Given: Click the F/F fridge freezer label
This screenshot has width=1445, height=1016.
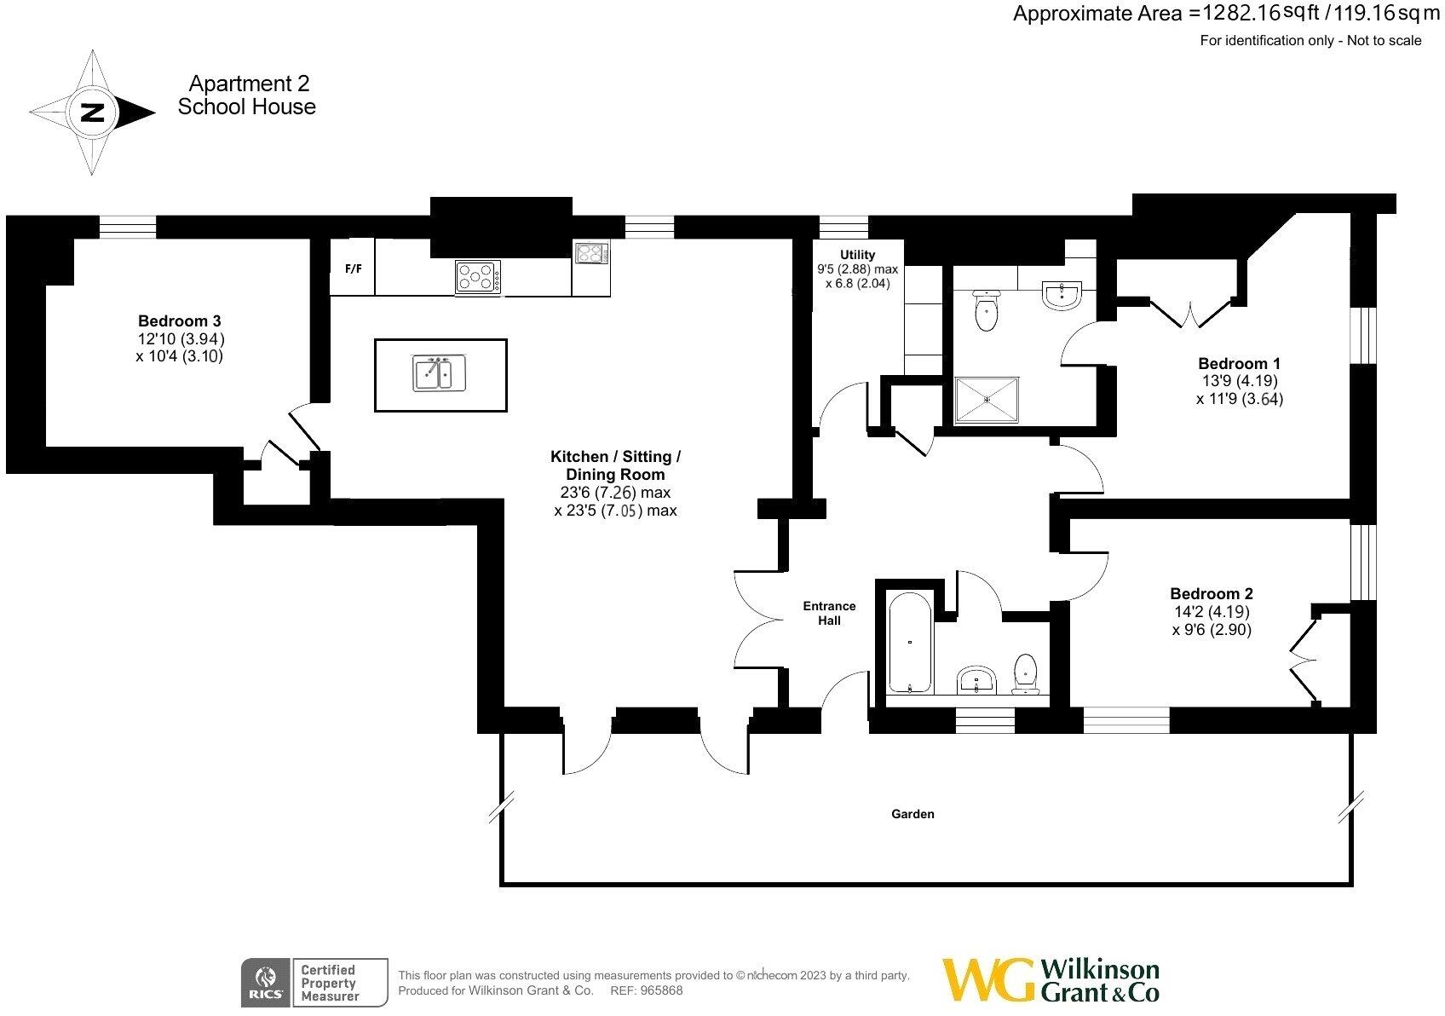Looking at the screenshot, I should coord(353,268).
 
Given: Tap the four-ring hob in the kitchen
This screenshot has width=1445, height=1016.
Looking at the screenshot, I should coord(478,277).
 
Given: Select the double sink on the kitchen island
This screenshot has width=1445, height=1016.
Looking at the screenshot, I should coord(439,373).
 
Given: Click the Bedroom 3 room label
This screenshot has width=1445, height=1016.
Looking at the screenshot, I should coord(180,321).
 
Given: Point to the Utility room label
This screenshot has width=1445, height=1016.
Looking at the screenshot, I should coord(857,255).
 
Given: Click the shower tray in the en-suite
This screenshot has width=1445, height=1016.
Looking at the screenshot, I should coord(987,399).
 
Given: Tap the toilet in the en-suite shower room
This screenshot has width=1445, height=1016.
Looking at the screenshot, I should coord(986,310).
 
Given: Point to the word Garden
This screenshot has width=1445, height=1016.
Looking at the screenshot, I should coord(912,814).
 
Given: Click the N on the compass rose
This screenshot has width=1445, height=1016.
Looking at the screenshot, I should coord(91,113).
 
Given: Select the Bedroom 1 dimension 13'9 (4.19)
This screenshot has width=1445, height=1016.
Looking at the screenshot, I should coord(1239,381).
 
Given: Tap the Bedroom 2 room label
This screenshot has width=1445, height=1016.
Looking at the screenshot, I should coord(1212,593).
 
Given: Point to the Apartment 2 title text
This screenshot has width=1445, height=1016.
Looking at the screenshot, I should coord(249,84).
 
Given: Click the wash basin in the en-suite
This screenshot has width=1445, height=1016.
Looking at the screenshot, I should coord(1062,296).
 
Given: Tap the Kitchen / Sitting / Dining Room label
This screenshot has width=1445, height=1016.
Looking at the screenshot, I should coord(615,465).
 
